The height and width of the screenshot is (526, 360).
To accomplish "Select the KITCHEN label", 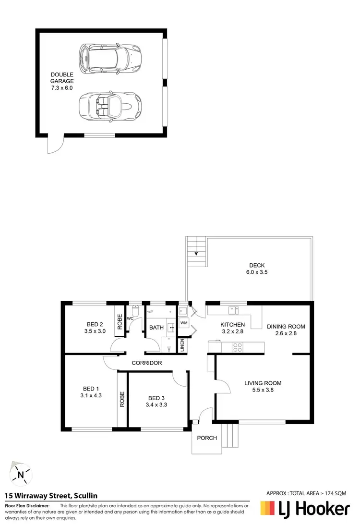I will (x=232, y=325).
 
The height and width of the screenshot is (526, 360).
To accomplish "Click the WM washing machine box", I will (x=184, y=323).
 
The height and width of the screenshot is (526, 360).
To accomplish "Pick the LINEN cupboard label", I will (x=182, y=345).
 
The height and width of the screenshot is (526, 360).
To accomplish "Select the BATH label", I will (x=156, y=328).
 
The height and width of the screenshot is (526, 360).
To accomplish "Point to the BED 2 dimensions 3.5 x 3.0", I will (x=95, y=331).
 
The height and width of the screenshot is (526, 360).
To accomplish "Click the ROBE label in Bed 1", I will (x=122, y=400).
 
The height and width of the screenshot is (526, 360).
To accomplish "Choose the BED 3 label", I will (x=156, y=398).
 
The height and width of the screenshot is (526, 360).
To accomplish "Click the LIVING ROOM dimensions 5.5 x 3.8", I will (x=263, y=390).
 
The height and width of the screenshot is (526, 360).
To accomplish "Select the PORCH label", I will (x=207, y=438).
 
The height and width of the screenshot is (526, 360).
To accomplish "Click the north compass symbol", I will (x=21, y=474).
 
